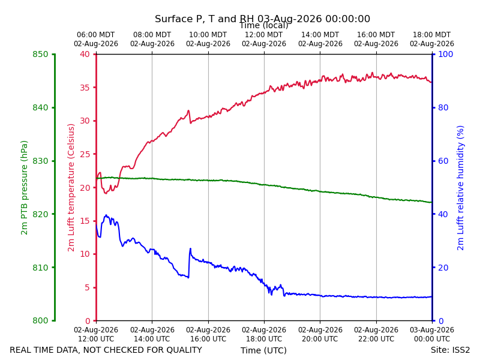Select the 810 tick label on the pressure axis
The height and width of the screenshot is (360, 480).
(40, 268)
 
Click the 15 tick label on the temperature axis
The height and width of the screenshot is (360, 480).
(85, 221)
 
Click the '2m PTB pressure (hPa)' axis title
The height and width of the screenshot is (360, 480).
(24, 188)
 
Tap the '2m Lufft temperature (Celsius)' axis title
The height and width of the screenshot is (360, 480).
(71, 188)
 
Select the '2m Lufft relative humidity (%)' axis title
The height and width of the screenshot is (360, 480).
(460, 188)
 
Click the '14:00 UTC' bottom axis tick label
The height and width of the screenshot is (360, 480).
(152, 339)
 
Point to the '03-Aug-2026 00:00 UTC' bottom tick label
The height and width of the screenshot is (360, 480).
(432, 335)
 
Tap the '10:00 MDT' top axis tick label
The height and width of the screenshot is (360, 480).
(208, 35)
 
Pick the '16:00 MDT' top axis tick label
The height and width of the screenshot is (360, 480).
(376, 35)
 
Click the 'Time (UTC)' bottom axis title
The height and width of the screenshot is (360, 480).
(263, 350)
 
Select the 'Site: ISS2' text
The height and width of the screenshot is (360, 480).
(450, 350)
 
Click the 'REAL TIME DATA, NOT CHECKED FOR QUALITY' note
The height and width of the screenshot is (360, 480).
(106, 350)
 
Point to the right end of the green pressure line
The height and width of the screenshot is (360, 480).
(431, 202)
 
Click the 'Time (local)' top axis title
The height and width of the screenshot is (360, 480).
(263, 26)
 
